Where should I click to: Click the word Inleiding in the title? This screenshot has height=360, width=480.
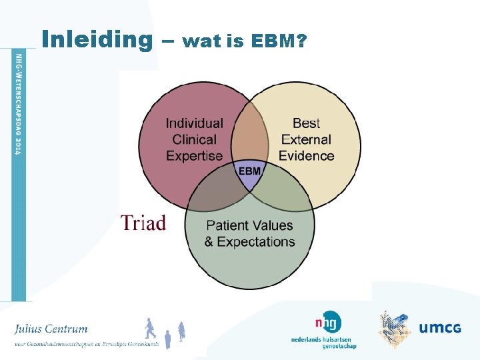97,40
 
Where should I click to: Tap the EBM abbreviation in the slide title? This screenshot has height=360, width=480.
273,42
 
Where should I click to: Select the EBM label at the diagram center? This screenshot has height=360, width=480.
250,171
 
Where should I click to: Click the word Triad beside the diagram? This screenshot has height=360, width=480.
143,223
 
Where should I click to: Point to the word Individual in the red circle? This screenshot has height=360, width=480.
194,123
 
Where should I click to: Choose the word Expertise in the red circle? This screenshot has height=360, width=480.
194,156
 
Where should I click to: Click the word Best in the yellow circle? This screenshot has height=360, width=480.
307,123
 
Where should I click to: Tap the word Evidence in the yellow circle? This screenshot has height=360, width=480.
307,156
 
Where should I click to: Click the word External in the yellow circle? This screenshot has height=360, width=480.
307,140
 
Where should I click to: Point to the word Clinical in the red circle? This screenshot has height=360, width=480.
194,140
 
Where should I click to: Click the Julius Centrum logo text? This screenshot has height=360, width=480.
51,329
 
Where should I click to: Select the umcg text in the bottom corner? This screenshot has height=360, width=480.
439,327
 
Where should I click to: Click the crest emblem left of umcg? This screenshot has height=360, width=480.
395,329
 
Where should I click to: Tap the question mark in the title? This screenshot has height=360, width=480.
302,42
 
